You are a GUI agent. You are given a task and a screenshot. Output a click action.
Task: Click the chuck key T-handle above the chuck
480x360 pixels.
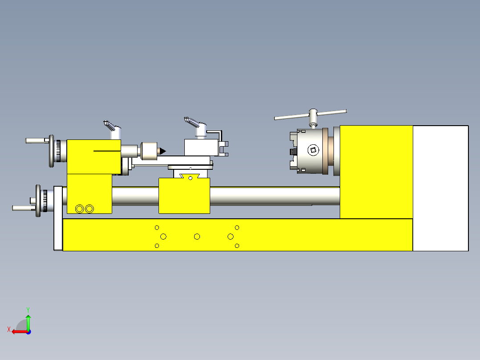310,115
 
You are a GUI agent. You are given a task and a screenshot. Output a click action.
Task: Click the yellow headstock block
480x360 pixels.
376,172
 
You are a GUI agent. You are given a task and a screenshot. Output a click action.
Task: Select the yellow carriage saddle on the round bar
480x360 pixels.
184,196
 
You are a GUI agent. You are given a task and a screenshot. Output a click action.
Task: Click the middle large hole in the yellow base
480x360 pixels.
197,236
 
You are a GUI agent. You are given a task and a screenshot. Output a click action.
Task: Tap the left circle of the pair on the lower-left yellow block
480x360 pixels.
80,209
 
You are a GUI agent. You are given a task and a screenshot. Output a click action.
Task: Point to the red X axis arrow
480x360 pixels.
18,331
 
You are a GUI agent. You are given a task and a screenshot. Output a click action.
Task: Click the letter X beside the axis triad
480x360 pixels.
8,329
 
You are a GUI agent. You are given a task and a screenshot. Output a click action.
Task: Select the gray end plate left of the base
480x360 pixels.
58,218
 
